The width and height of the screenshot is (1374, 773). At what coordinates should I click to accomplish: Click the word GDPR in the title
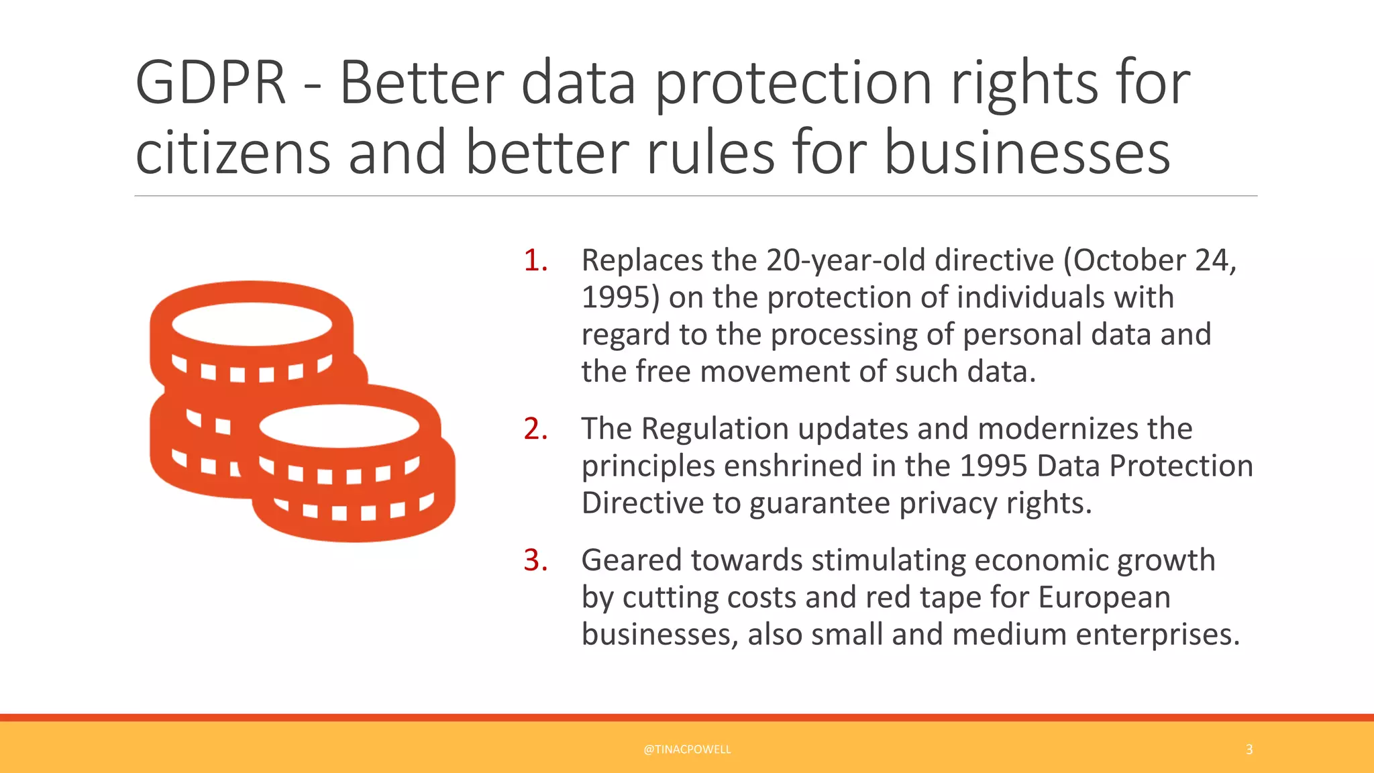(211, 83)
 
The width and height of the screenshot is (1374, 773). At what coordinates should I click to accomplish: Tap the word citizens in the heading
(233, 153)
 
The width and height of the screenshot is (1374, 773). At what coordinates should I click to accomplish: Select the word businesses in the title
(1027, 153)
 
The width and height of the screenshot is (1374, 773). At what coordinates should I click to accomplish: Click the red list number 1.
(535, 260)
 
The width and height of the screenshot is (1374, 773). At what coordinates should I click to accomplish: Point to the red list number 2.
(535, 429)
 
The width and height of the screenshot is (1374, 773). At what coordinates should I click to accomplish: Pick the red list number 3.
(535, 560)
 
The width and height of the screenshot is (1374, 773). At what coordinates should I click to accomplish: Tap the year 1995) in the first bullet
(621, 297)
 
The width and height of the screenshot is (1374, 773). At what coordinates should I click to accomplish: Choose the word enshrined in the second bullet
(794, 466)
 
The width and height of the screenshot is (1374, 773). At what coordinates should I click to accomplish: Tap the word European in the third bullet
(1104, 597)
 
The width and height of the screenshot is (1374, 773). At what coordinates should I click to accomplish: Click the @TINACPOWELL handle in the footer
(687, 750)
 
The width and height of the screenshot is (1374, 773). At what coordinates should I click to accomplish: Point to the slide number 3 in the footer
(1249, 750)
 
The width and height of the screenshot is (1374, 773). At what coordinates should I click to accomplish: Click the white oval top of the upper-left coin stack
(252, 324)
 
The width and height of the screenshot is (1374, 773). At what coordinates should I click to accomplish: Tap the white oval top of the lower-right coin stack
(339, 426)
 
